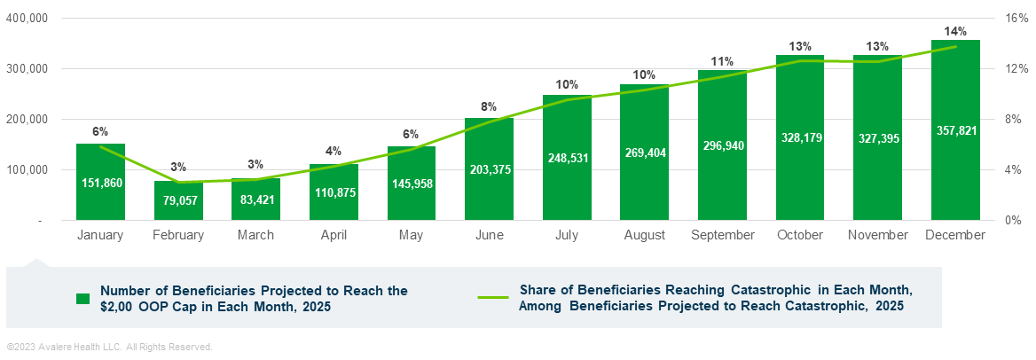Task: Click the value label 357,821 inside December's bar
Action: click(x=955, y=130)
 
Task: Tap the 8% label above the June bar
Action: click(x=489, y=106)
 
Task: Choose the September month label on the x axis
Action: click(x=722, y=235)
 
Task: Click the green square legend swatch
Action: click(x=82, y=298)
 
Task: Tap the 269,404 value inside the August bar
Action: click(x=644, y=153)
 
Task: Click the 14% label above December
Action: click(x=955, y=30)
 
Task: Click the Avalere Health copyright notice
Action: click(x=109, y=347)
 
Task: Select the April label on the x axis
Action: click(x=334, y=235)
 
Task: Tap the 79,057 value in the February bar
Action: click(x=178, y=200)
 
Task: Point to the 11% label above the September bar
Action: click(x=722, y=61)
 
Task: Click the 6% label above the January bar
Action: click(x=100, y=131)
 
